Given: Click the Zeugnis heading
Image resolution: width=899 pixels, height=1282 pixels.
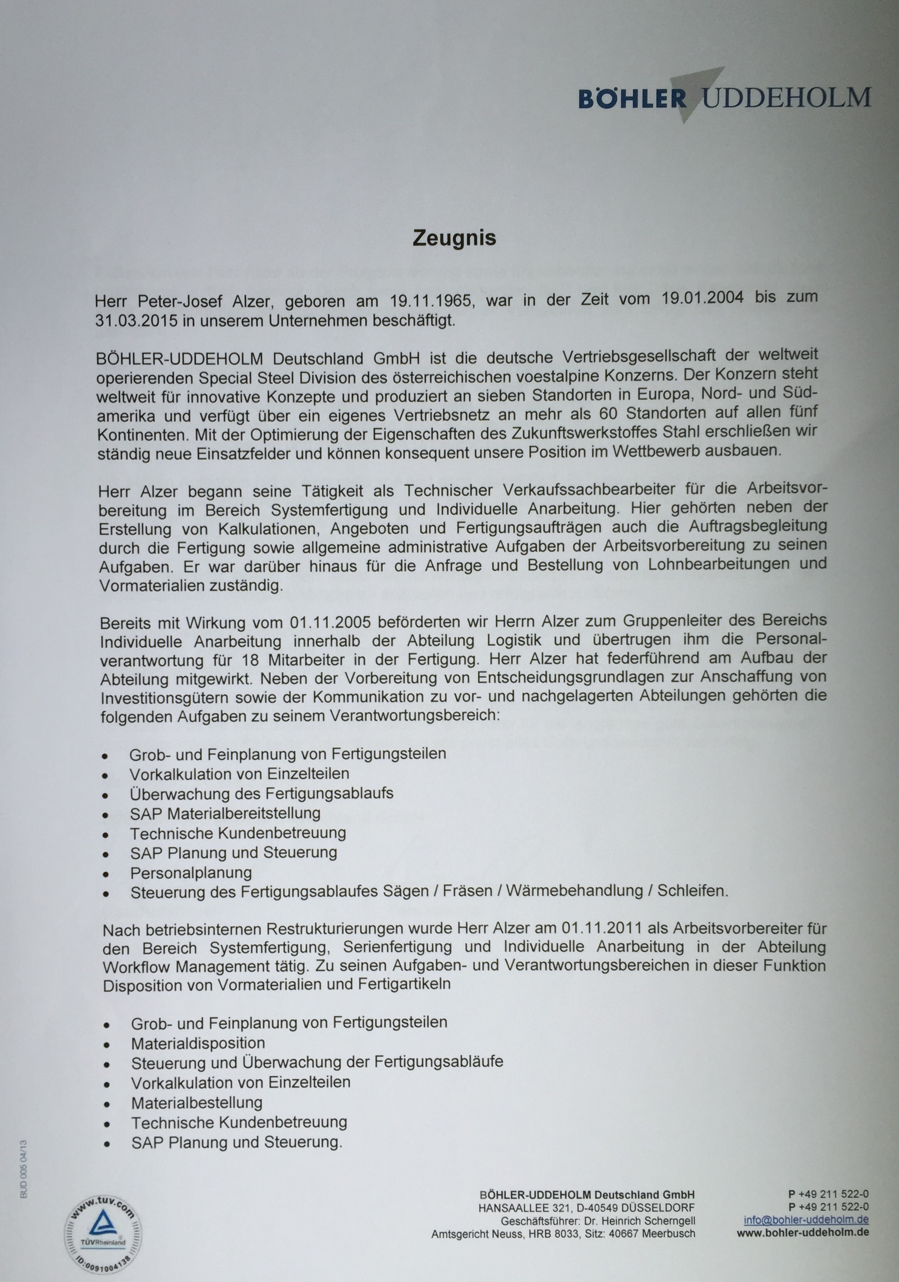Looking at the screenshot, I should click(454, 238).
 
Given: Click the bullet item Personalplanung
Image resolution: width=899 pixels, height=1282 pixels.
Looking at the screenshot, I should click(191, 872).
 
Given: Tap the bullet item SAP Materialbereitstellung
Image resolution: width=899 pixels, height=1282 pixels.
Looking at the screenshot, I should click(225, 813).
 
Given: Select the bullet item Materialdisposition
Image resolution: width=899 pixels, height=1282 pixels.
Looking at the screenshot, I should click(198, 1043).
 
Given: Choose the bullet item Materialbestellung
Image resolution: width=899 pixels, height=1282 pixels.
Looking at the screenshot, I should click(196, 1103).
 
